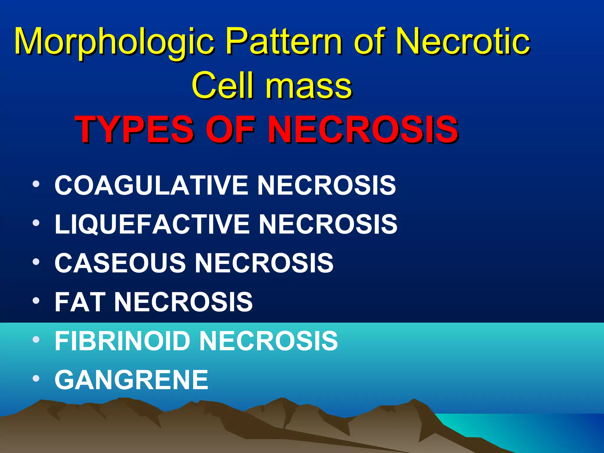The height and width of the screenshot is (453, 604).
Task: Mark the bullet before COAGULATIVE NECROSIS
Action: tap(36, 185)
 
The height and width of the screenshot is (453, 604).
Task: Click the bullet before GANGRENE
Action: tap(36, 379)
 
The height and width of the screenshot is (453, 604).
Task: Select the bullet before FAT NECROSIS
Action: tap(36, 301)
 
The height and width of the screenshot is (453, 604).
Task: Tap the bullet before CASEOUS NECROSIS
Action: tap(36, 262)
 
